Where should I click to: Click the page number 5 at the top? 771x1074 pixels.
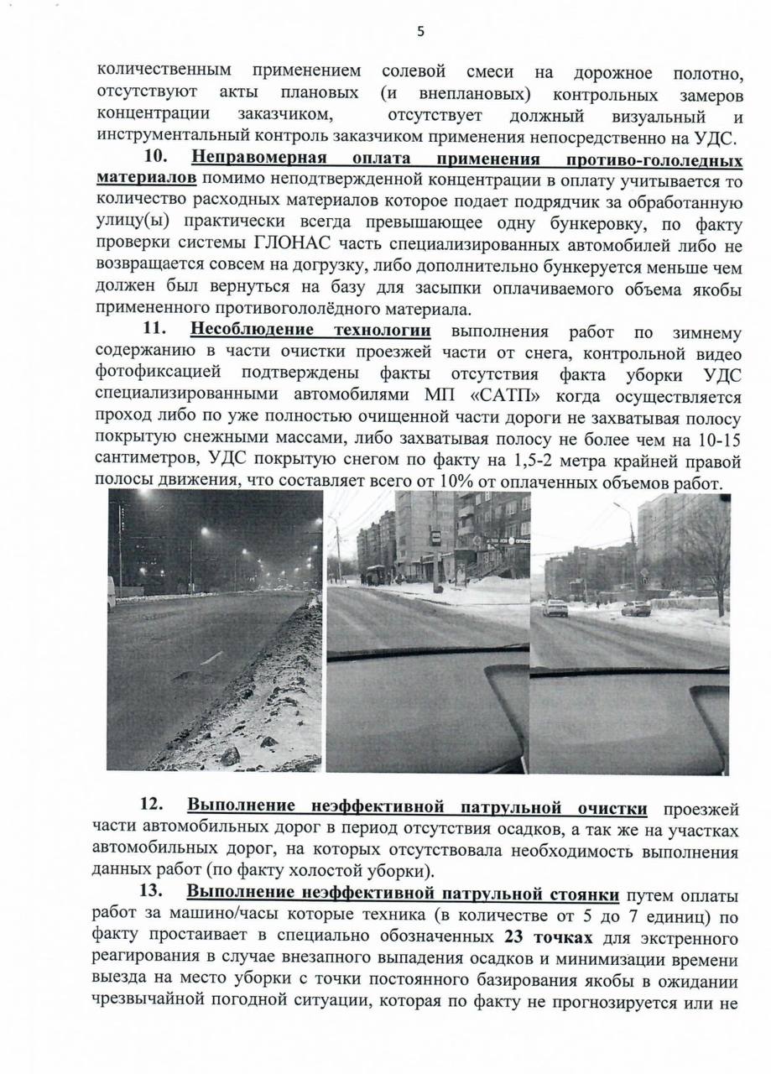(x=420, y=32)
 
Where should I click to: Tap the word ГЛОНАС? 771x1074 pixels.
(x=289, y=244)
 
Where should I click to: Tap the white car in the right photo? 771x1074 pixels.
(x=555, y=607)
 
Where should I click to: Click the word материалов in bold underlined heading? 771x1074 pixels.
(x=148, y=180)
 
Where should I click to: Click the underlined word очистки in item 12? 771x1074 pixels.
(x=613, y=808)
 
